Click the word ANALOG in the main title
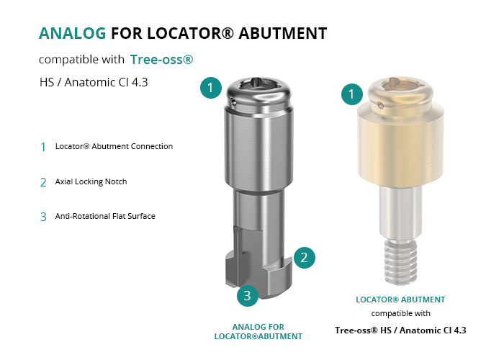(x=72, y=33)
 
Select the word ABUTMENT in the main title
(x=283, y=33)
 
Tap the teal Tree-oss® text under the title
(x=161, y=60)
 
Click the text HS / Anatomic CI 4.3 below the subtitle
(x=94, y=82)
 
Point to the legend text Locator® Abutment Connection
(x=114, y=146)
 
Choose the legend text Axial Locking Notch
(x=91, y=181)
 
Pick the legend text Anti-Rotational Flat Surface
(x=105, y=216)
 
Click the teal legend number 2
(x=43, y=183)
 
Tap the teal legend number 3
(x=43, y=217)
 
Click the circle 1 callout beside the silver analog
(x=211, y=87)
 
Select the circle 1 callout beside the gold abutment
(x=352, y=94)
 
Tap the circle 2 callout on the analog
(x=304, y=258)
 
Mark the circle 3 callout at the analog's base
(x=248, y=295)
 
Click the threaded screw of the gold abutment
(x=400, y=262)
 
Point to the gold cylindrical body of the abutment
(x=400, y=145)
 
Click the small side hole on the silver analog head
(x=234, y=103)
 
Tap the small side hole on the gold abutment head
(x=381, y=105)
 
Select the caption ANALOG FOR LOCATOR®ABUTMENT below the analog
(x=258, y=332)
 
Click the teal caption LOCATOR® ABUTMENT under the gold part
(x=400, y=300)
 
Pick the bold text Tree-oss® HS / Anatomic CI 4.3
(x=400, y=330)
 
